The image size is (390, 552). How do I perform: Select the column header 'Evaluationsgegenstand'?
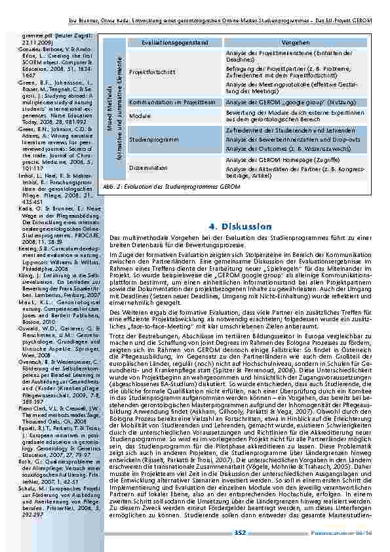[163, 42]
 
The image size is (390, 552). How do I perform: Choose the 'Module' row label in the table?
[140, 115]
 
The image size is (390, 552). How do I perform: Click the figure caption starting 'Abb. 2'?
[171, 186]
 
